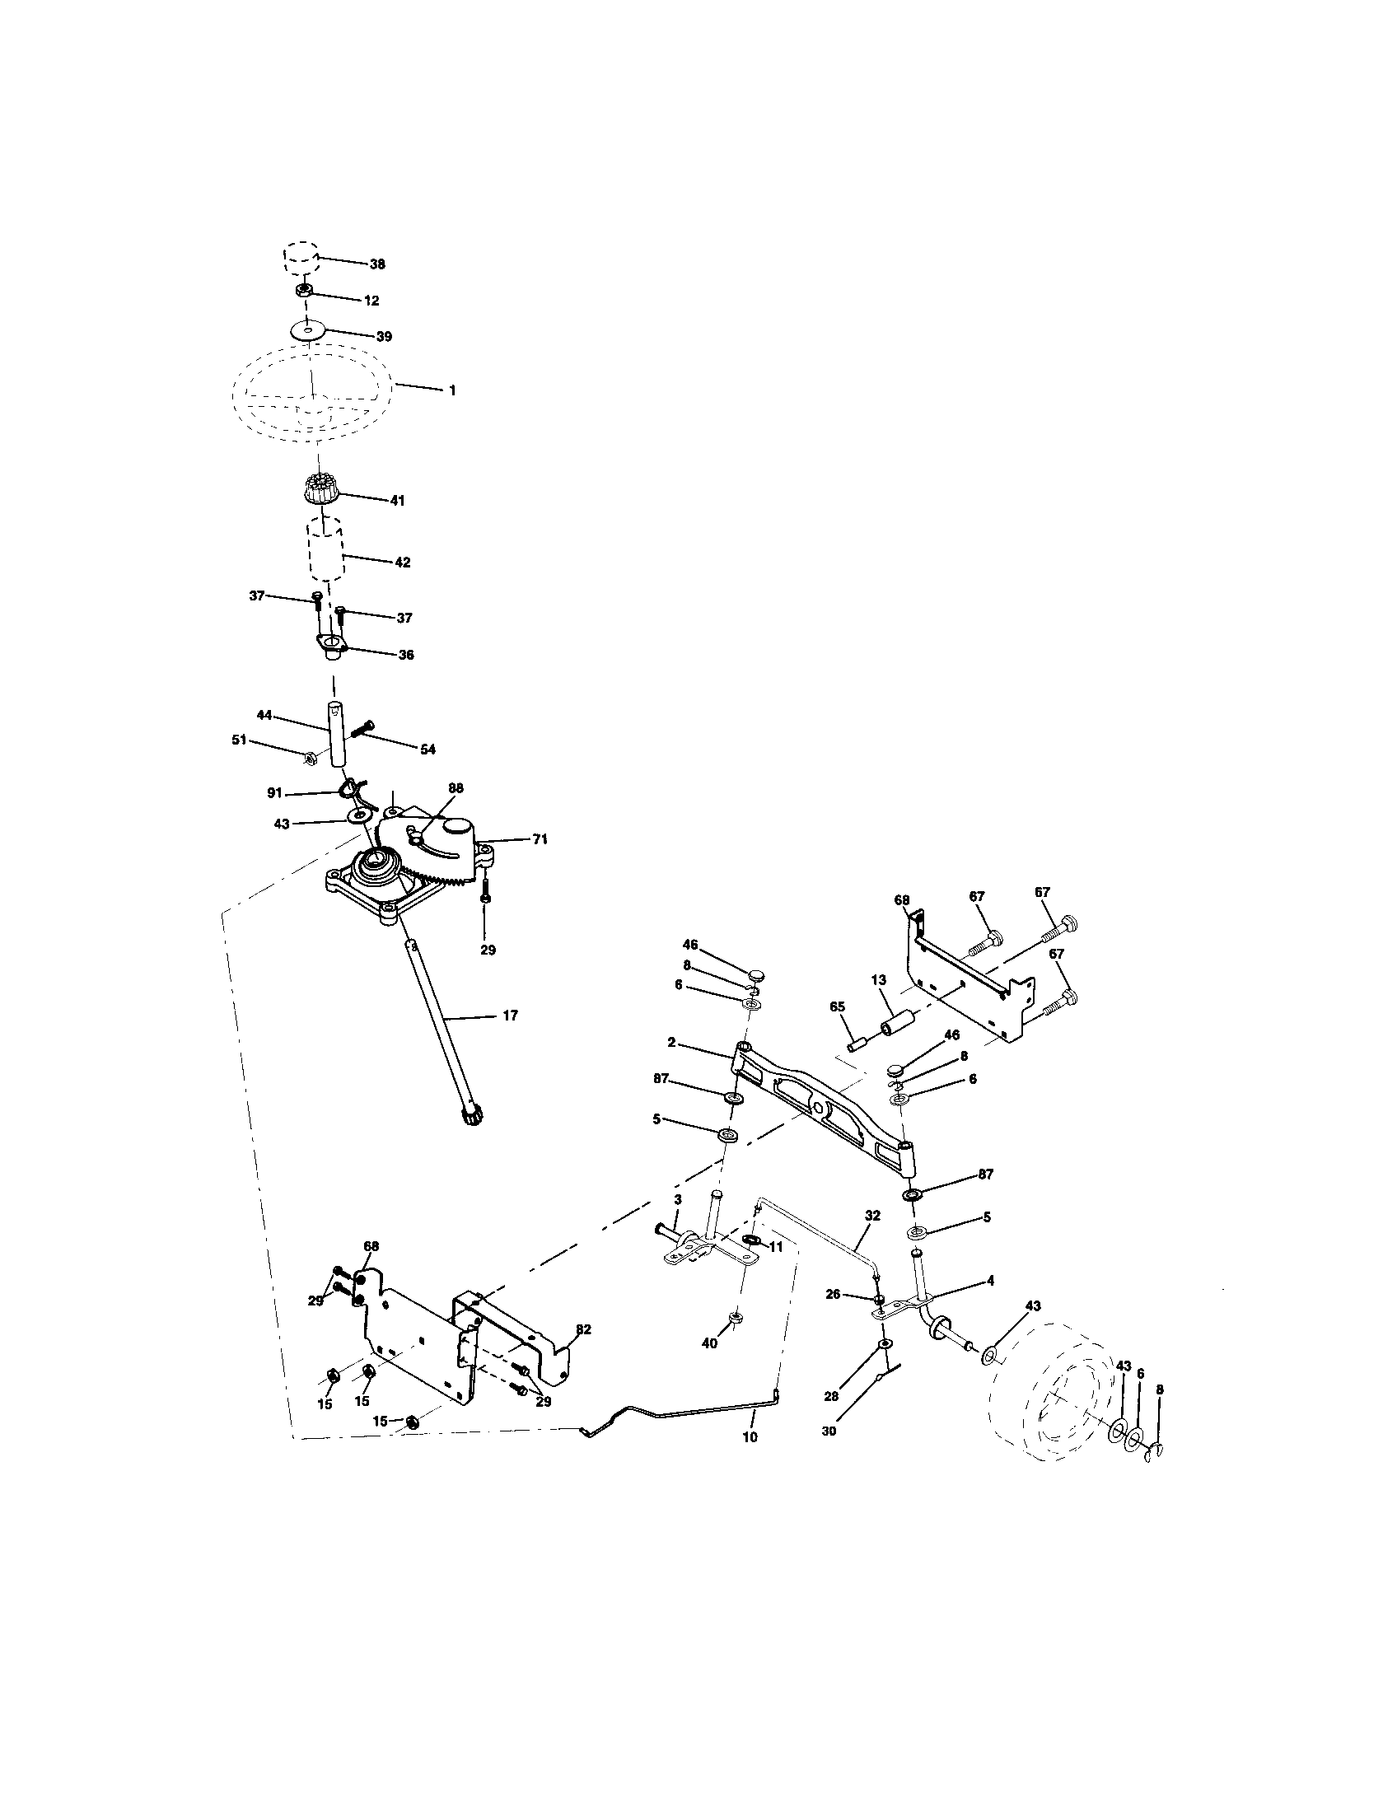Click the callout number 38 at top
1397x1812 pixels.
point(377,264)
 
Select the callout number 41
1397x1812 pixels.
point(397,501)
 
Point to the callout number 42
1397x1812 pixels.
point(402,562)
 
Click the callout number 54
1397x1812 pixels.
point(428,750)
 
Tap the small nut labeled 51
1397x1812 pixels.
point(308,756)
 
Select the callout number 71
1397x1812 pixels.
point(540,839)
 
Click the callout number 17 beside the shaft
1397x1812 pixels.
point(510,1015)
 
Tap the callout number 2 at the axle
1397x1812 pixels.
point(671,1043)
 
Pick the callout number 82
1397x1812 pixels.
point(583,1329)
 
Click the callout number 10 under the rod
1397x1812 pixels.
point(750,1437)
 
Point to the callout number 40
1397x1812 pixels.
point(709,1343)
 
